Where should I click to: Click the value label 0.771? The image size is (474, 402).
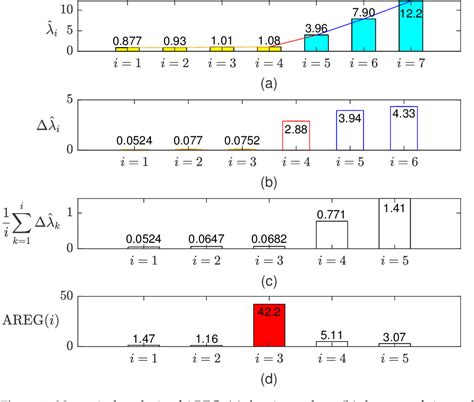coord(331,213)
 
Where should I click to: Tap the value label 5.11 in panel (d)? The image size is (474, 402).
coord(331,335)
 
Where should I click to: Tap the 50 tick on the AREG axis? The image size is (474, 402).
coord(87,297)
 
